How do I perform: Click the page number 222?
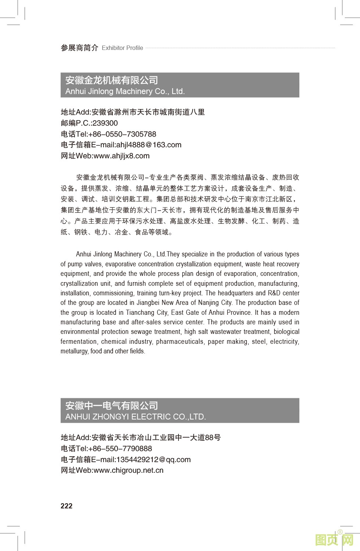(66, 506)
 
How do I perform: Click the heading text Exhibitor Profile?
(122, 48)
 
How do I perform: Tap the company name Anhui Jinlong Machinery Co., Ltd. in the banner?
(125, 91)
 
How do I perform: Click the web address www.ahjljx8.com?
(122, 156)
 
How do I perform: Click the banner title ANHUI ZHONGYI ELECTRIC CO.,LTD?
(136, 417)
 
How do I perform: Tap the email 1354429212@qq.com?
(153, 460)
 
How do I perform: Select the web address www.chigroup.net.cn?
(129, 471)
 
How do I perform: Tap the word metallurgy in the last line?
(74, 351)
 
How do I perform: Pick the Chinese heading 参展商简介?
(79, 48)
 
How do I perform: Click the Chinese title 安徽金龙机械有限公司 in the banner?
(112, 80)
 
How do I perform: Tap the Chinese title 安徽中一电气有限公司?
(112, 406)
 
